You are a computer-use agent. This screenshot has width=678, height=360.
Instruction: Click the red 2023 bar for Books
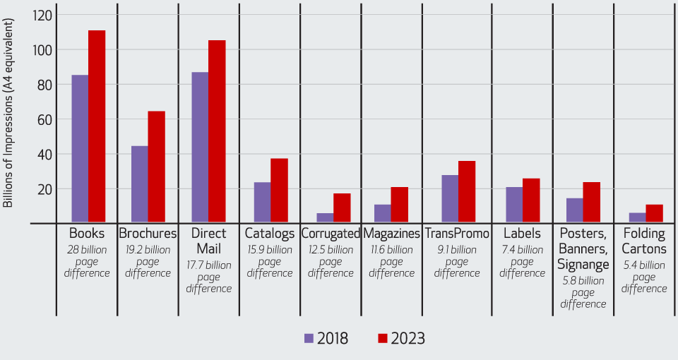coord(97,126)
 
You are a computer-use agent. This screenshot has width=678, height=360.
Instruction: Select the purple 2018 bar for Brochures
coord(139,184)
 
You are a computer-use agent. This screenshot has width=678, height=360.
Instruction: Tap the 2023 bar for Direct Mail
coord(217,131)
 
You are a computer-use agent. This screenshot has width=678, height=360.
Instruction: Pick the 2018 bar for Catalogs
coord(262,203)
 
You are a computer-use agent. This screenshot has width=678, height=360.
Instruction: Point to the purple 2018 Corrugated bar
coord(325,218)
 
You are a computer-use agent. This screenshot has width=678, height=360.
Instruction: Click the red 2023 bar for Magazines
coord(399,205)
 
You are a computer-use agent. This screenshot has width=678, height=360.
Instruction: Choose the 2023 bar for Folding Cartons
coord(654,214)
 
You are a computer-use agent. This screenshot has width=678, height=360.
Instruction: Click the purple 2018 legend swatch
coord(309,338)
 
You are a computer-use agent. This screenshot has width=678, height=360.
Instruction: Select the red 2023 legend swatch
coord(384,338)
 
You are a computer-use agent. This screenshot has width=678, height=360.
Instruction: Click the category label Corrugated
coord(331,234)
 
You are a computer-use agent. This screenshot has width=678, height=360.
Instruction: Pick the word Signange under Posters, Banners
coord(583,265)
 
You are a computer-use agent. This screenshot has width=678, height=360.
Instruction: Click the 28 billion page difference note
coord(88,261)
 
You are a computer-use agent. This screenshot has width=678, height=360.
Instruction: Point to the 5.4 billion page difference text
coord(644,277)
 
